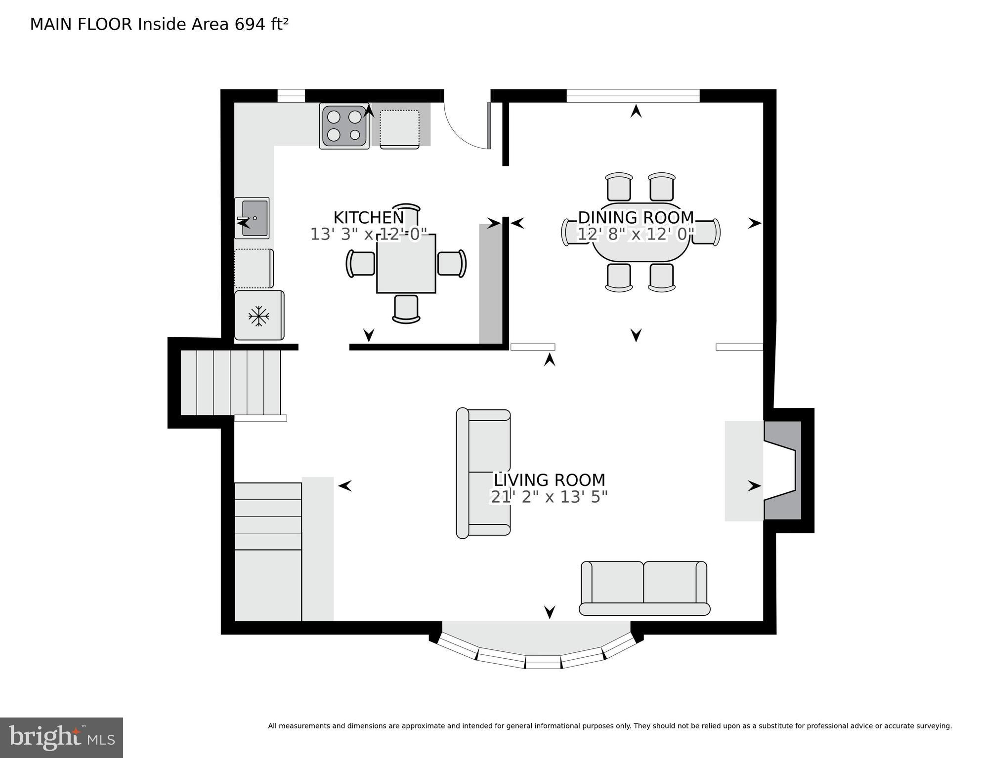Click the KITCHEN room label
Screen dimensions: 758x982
368,218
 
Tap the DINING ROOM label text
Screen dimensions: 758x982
636,218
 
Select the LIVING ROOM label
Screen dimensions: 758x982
549,480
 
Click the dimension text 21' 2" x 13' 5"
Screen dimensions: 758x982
549,497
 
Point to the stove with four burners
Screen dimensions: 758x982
344,126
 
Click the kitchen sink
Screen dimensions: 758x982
252,218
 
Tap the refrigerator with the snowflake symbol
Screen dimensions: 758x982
259,315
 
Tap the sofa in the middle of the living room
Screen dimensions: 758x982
483,473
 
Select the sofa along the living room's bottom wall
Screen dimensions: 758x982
644,588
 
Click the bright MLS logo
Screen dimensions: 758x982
61,737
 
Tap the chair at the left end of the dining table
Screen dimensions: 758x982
571,232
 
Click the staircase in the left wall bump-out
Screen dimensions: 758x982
230,382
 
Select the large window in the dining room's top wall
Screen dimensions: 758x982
633,96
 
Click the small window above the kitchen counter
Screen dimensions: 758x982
291,96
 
